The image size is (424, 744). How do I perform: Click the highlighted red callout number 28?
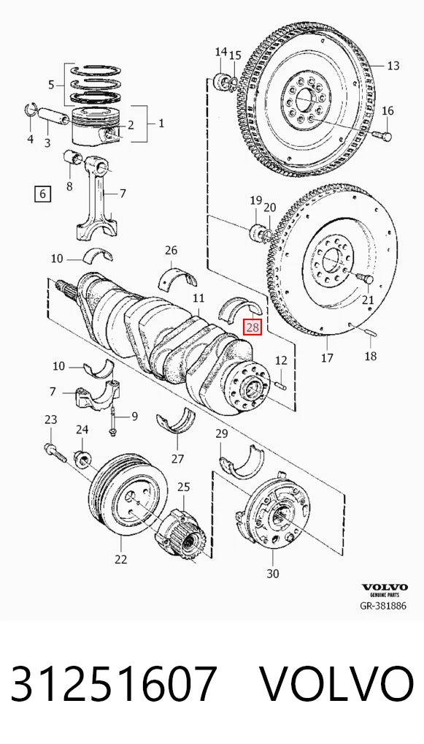coord(253,327)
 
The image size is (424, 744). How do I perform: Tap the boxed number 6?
coord(42,194)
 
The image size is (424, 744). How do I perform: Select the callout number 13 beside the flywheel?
coord(393,66)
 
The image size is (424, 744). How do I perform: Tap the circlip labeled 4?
coord(29,110)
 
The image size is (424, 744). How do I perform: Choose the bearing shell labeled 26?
coord(180,278)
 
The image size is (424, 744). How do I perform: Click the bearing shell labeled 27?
coord(176,421)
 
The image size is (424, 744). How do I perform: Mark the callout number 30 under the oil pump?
coord(272,573)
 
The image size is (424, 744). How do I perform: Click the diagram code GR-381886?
coord(383,605)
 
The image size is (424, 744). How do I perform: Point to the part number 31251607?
coord(114,684)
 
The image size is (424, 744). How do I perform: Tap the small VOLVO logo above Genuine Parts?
coord(384,588)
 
